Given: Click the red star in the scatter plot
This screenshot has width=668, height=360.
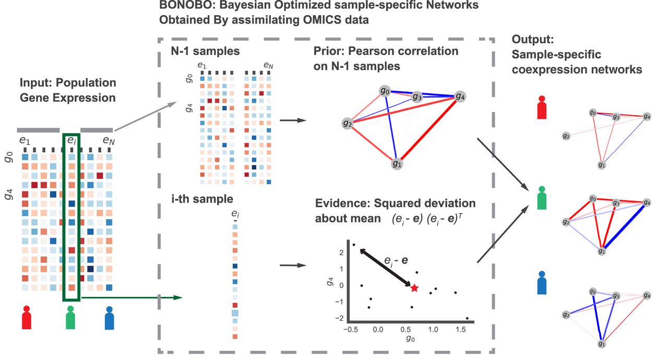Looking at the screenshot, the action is pos(414,288).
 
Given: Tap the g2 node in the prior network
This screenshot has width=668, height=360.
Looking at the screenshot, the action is pos(348,123).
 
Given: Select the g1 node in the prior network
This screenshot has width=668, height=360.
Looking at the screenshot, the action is pos(397,164).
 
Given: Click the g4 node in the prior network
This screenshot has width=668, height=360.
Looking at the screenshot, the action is pos(460,97).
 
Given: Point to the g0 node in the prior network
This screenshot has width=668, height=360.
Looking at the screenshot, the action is pos(385,91).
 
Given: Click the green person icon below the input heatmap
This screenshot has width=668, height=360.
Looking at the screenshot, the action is pos(70,317).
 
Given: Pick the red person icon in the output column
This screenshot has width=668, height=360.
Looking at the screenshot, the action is pos(542,107).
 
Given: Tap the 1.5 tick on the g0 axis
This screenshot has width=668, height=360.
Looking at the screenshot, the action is pos(460,329).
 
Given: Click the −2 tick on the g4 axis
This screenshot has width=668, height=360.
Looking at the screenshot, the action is pos(339,318).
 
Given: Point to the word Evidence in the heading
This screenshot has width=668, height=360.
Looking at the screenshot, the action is pos(342,203).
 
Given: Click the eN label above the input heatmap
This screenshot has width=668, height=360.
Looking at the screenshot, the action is pos(109,140).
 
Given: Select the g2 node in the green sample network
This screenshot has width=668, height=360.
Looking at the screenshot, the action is pos(566,222).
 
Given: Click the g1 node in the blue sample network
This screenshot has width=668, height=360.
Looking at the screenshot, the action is pos(602,344).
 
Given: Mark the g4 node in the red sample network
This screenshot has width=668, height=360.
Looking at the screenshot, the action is pos(647,116).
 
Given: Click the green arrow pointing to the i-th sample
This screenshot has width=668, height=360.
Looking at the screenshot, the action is pos(132,297).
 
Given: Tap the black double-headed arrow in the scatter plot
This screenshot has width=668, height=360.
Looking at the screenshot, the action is pos(385,268).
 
